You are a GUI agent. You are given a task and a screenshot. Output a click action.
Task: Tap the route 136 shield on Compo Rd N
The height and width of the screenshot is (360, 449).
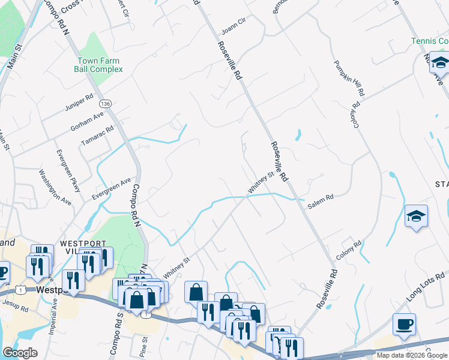pyautogui.click(x=106, y=104)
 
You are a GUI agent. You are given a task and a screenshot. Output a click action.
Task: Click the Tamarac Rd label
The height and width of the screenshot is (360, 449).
pyautogui.click(x=97, y=136)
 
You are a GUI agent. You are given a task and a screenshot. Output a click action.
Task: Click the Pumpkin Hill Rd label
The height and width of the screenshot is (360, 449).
pyautogui.click(x=349, y=76)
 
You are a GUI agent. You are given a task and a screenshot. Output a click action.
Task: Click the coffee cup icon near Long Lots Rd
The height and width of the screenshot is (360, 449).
pyautogui.click(x=404, y=325)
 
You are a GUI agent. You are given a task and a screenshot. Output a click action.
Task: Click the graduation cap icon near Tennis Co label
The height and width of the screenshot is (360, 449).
pyautogui.click(x=439, y=62)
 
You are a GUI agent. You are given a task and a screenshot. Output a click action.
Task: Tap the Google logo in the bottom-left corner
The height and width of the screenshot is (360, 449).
pyautogui.click(x=20, y=353)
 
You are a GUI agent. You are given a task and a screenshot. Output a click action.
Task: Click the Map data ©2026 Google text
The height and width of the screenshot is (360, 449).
pyautogui.click(x=412, y=355)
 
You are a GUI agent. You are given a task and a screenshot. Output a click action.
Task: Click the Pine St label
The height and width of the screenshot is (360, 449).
pyautogui.click(x=143, y=349)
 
